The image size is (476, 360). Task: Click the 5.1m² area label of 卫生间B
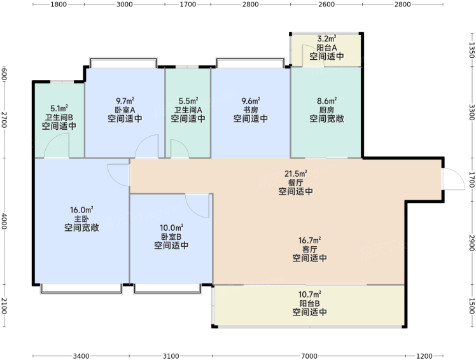coord(59,108)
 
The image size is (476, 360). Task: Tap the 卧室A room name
coord(125,109)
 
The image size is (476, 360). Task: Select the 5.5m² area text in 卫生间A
coord(188,100)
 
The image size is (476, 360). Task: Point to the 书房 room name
coord(251,109)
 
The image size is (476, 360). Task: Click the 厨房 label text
coord(326,109)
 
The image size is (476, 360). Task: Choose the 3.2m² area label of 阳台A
coord(326,39)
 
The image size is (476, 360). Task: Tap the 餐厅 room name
coord(296,183)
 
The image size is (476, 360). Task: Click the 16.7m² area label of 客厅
coord(310,240)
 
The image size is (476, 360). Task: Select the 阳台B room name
coord(310,303)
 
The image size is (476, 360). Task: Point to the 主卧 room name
coord(81,219)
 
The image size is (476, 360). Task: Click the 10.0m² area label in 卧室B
coord(171,228)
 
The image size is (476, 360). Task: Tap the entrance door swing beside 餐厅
coord(454,179)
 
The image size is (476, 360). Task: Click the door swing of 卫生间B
coord(57,146)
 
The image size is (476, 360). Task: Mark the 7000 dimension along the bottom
coord(309,356)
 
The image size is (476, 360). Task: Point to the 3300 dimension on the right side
coord(472,113)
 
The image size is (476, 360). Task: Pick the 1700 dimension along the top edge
coord(188,4)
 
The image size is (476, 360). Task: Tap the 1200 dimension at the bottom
coord(424,356)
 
